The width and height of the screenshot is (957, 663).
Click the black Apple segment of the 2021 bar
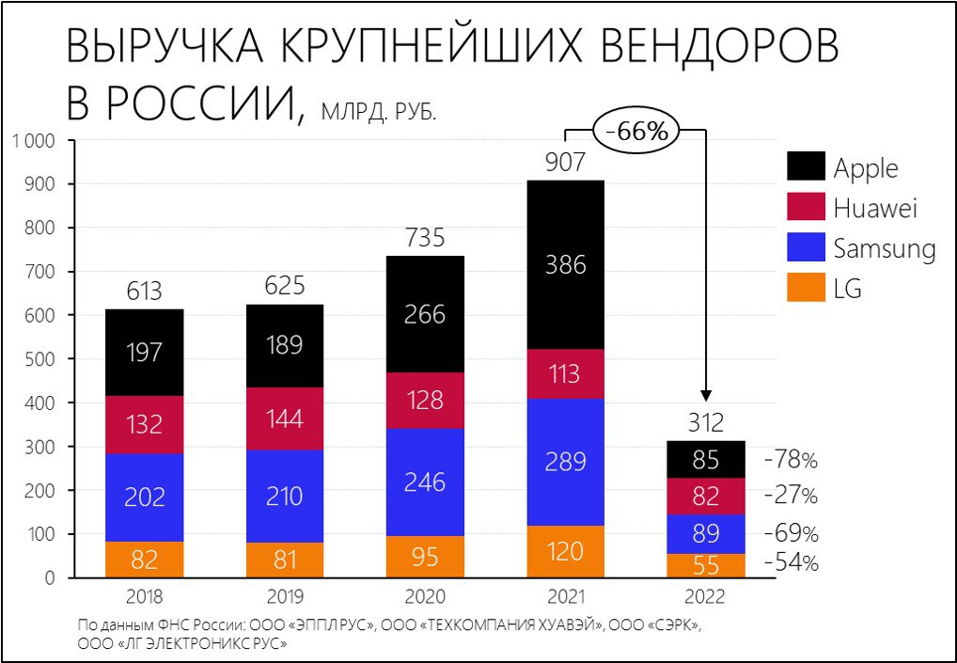(565, 264)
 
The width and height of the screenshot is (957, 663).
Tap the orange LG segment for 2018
(144, 560)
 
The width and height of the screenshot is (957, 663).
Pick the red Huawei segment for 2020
(425, 401)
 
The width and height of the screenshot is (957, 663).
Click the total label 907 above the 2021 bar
(565, 163)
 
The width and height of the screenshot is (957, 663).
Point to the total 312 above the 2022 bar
(706, 423)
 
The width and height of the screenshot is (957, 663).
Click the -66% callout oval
(636, 132)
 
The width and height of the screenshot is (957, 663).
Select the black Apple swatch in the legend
(806, 166)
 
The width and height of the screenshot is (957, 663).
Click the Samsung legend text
(884, 248)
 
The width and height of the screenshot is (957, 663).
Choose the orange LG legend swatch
(806, 288)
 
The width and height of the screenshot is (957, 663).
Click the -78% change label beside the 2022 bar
(791, 461)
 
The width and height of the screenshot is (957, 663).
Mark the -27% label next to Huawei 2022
(791, 496)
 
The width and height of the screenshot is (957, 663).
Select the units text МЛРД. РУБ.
(379, 113)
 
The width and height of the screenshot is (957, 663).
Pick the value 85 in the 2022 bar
(706, 461)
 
